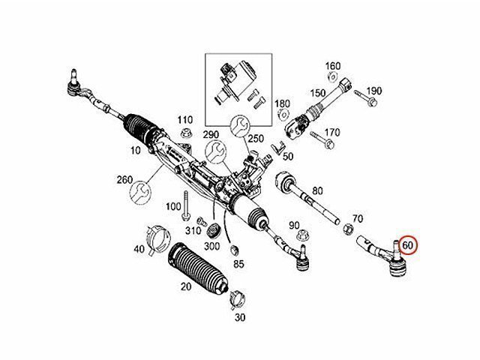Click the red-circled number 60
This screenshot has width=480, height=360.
coord(407,245)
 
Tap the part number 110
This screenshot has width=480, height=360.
coord(185,120)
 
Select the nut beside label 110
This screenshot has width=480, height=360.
coord(185,134)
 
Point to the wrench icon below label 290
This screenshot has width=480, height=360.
coord(215,152)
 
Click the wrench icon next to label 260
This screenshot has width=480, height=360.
coord(141,193)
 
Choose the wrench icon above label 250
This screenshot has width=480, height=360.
coord(240,126)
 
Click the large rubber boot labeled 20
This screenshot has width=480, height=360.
coord(197,267)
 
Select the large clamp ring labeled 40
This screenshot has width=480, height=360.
coord(158,238)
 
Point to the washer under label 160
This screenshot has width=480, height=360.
coord(332,76)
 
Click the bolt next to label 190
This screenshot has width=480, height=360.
coord(365,97)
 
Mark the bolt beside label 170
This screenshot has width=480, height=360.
coord(322,139)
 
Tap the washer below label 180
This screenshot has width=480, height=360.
coord(283,115)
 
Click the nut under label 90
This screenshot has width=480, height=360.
coord(303,235)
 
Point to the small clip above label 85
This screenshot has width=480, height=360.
coord(234,250)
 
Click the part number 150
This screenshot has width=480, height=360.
coord(318,93)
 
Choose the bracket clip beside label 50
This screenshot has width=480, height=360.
coord(278,148)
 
